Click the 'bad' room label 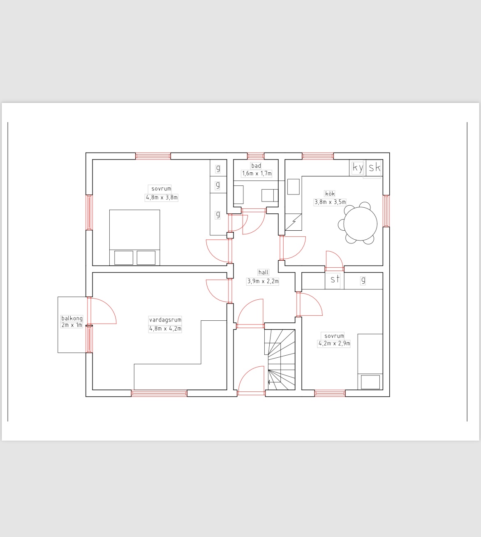[x=256, y=166]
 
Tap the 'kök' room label [x=330, y=194]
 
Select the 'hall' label [x=263, y=272]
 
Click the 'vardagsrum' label [x=165, y=319]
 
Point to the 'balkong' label [x=72, y=318]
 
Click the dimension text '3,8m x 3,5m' [x=330, y=202]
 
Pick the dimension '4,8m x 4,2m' [x=165, y=329]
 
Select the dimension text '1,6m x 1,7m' [x=257, y=174]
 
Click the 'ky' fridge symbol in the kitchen [x=358, y=168]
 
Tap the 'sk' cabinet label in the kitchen [x=375, y=167]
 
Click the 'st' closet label [x=335, y=279]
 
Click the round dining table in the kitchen [x=360, y=224]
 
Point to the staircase [x=280, y=360]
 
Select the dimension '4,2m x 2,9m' [x=334, y=343]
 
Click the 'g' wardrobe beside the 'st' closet [x=363, y=280]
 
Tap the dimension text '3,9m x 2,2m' [x=263, y=281]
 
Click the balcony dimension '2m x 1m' [x=72, y=325]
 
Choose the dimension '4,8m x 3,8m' [x=162, y=197]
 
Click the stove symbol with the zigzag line [x=294, y=222]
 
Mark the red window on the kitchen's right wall [x=386, y=211]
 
